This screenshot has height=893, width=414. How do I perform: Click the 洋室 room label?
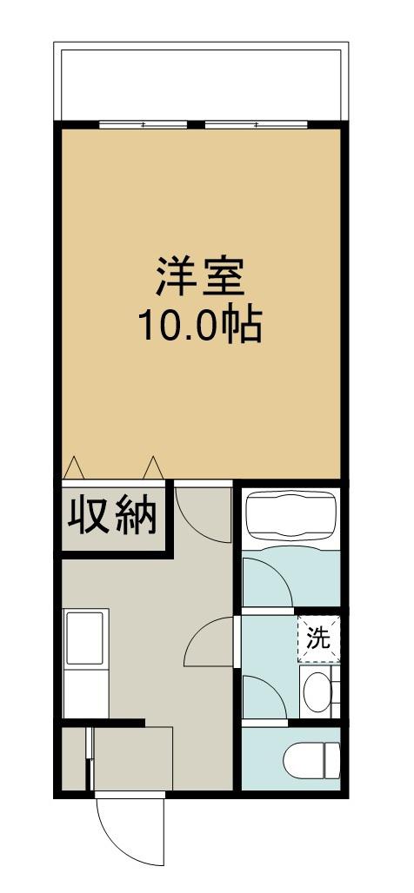click(x=200, y=277)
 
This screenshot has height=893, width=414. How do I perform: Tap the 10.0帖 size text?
click(x=199, y=325)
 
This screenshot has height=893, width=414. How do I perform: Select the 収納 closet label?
click(x=113, y=516)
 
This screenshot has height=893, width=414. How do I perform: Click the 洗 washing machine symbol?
click(x=319, y=639)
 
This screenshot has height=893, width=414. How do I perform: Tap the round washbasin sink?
click(x=317, y=691)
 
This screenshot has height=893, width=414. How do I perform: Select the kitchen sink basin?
click(x=85, y=638)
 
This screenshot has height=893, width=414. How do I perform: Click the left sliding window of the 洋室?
click(x=144, y=124)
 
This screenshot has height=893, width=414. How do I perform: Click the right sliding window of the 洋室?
click(x=256, y=124)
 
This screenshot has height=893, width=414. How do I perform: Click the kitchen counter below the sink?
click(x=85, y=692)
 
